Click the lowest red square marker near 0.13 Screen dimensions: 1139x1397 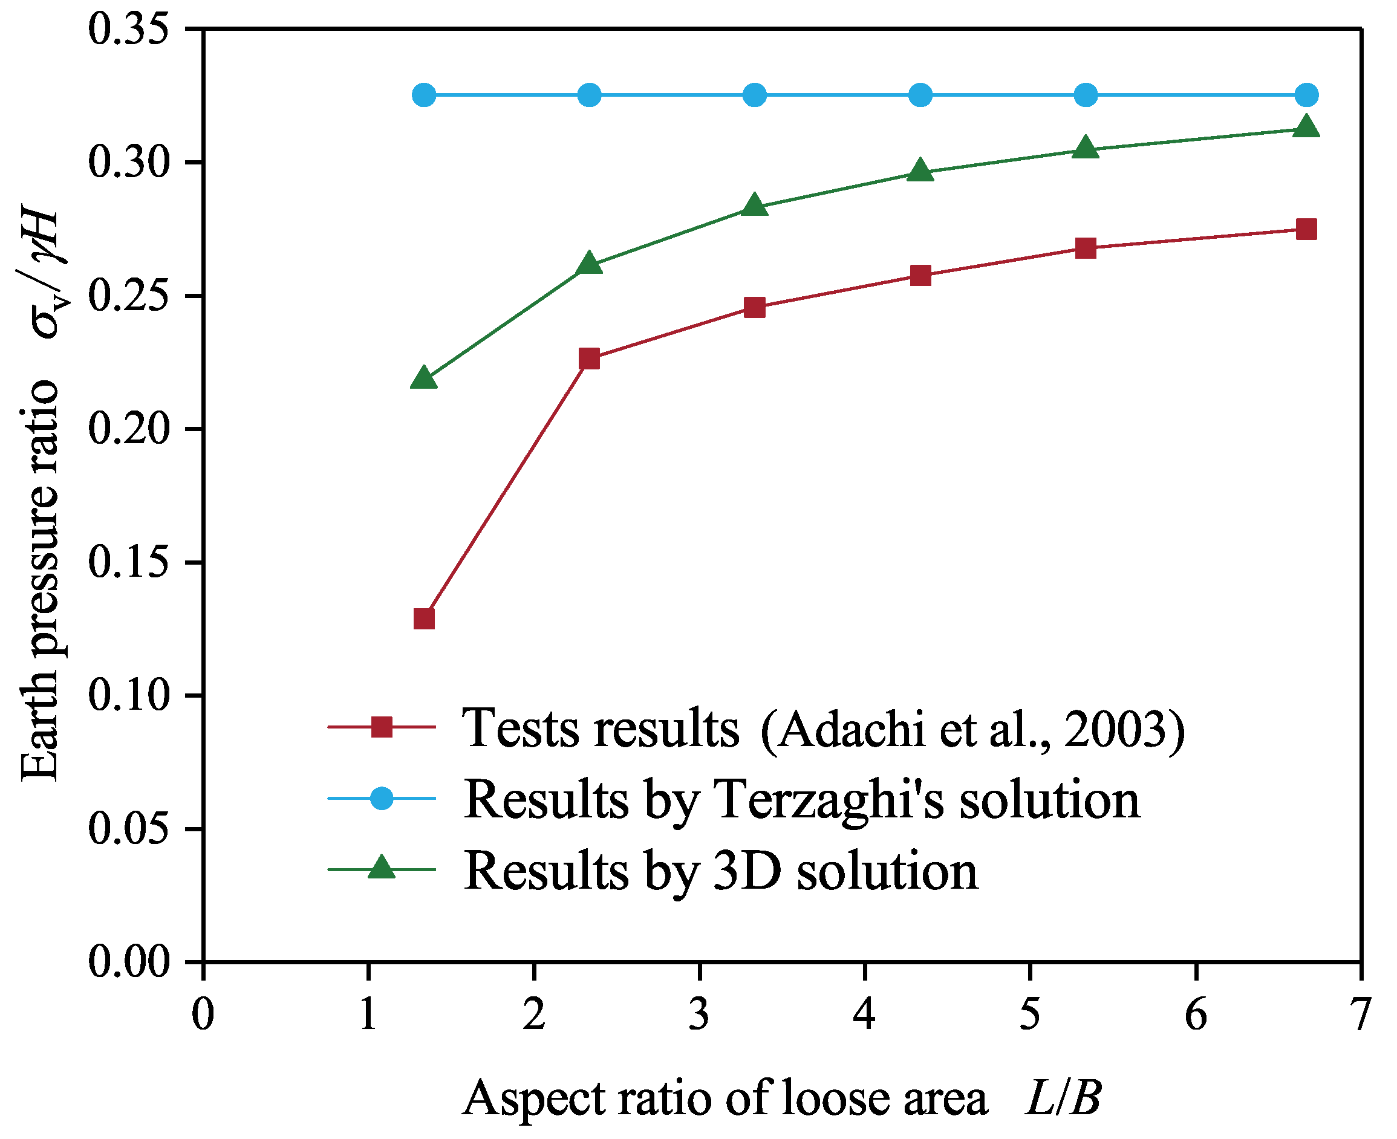[x=424, y=618]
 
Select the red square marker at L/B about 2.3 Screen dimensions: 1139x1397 [x=589, y=359]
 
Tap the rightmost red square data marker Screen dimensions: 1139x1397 [x=1306, y=230]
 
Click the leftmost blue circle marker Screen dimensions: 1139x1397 [x=424, y=95]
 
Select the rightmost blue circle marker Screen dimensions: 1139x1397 [x=1306, y=95]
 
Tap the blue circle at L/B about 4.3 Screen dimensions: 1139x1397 [x=920, y=95]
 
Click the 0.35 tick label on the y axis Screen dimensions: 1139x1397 [x=129, y=30]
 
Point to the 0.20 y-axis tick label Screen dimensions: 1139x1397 [x=129, y=430]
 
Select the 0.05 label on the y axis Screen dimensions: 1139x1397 [x=129, y=829]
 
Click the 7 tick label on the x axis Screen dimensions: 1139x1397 [x=1361, y=1015]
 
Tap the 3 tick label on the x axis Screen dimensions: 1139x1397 [x=700, y=1015]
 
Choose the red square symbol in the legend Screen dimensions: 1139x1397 [x=381, y=727]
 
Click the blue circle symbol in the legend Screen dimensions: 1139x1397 [x=381, y=799]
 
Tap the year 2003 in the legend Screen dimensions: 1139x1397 [x=1116, y=730]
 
